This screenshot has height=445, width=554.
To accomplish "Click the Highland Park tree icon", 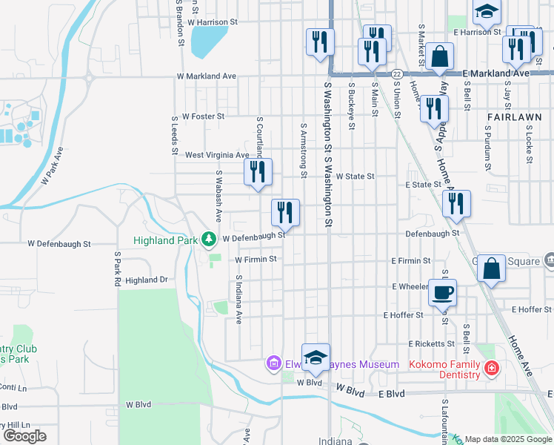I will click(x=210, y=240).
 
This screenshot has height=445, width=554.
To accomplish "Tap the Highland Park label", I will click(x=166, y=240).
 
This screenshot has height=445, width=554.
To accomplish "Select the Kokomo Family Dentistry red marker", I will click(x=490, y=369).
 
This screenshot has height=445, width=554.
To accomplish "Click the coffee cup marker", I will click(x=442, y=291).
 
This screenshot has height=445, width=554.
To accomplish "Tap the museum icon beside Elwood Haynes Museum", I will click(x=273, y=363).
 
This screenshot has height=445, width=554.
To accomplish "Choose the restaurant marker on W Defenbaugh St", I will click(x=285, y=212).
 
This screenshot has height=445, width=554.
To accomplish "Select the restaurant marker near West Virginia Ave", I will click(x=258, y=172).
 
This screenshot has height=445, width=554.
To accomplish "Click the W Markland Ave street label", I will click(x=206, y=76).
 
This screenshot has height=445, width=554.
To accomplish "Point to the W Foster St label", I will click(x=203, y=116).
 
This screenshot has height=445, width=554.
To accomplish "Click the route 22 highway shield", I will click(x=397, y=74).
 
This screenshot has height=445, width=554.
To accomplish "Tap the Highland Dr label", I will click(x=147, y=280).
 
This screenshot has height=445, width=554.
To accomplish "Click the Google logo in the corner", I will click(x=24, y=436).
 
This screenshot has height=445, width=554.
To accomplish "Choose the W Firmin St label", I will click(x=256, y=260).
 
